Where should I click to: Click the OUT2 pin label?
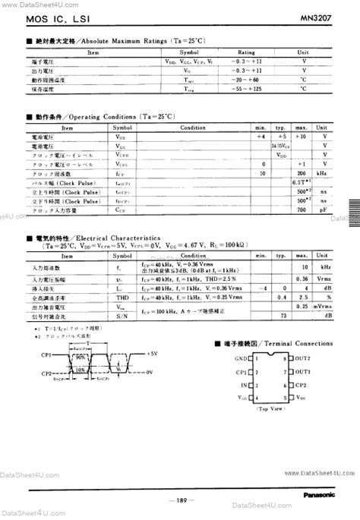click(x=303, y=358)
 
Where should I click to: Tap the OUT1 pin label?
click(x=303, y=371)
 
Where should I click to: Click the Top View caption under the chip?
click(x=270, y=408)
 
